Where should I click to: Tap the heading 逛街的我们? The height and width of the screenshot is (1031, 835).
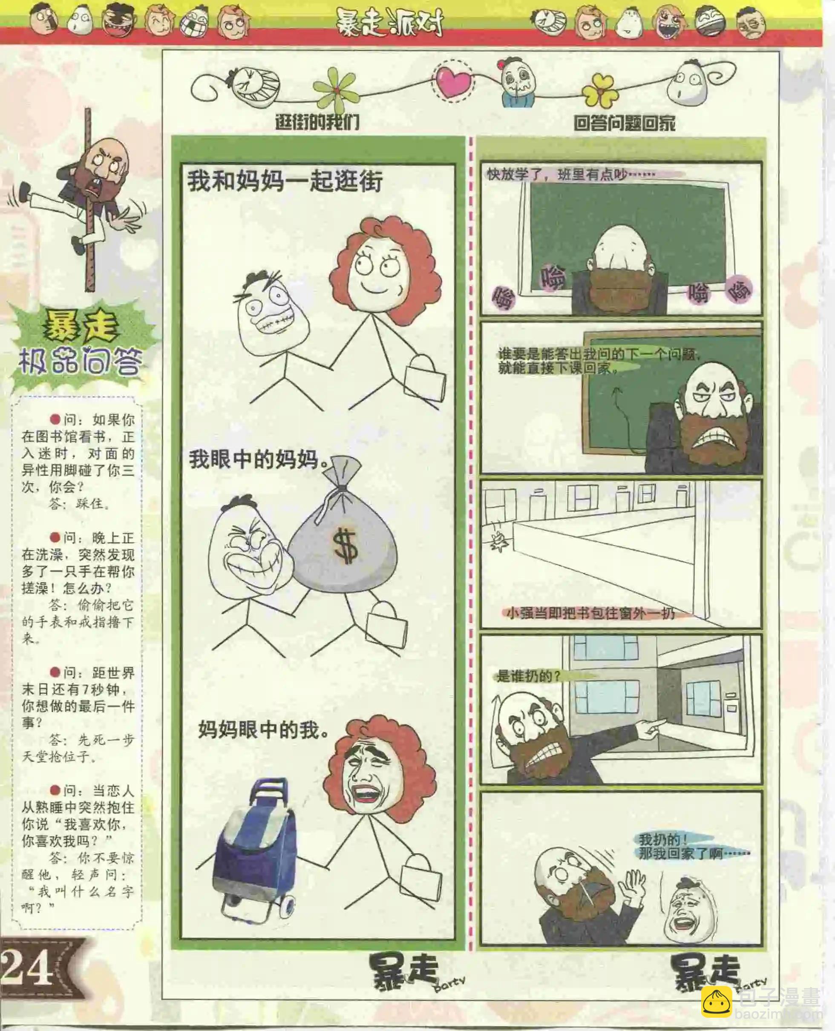tap(317, 122)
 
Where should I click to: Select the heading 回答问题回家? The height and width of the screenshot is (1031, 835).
tap(624, 123)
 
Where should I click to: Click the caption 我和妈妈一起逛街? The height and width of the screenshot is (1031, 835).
tap(285, 182)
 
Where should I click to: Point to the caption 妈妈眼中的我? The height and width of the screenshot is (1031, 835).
tap(264, 729)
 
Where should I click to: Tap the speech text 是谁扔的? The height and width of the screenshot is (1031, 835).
tap(528, 676)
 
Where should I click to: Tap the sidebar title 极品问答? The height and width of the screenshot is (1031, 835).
tap(79, 362)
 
